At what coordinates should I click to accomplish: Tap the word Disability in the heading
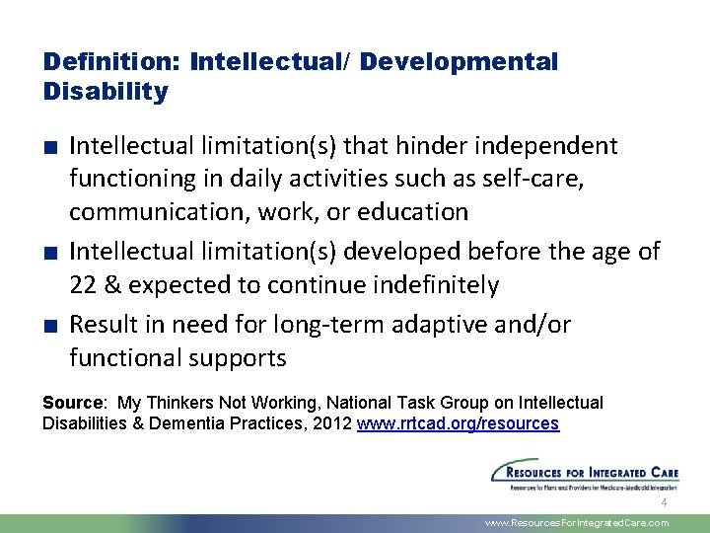106,93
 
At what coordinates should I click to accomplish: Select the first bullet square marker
50,148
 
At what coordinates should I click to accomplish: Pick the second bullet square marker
50,254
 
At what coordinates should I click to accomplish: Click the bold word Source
73,403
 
